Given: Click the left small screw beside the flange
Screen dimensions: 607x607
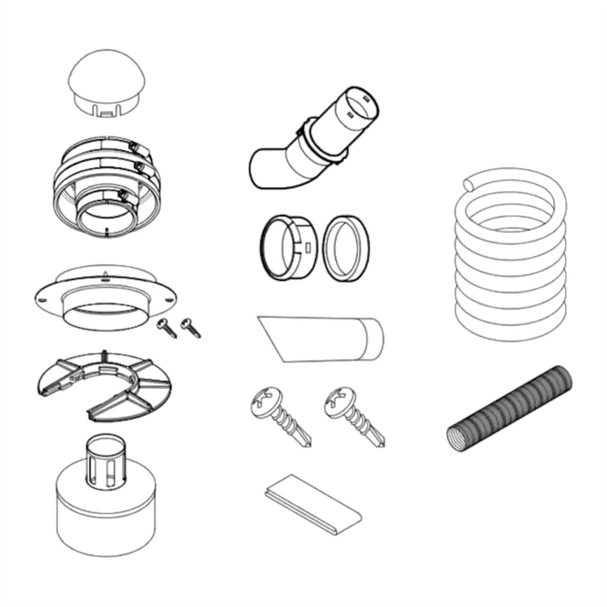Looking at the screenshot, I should pos(167,327).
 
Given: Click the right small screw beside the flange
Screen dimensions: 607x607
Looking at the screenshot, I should pos(191,326).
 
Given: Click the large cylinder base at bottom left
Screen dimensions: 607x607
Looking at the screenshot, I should pos(107,518).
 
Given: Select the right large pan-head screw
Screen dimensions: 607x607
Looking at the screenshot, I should pos(355,415).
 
